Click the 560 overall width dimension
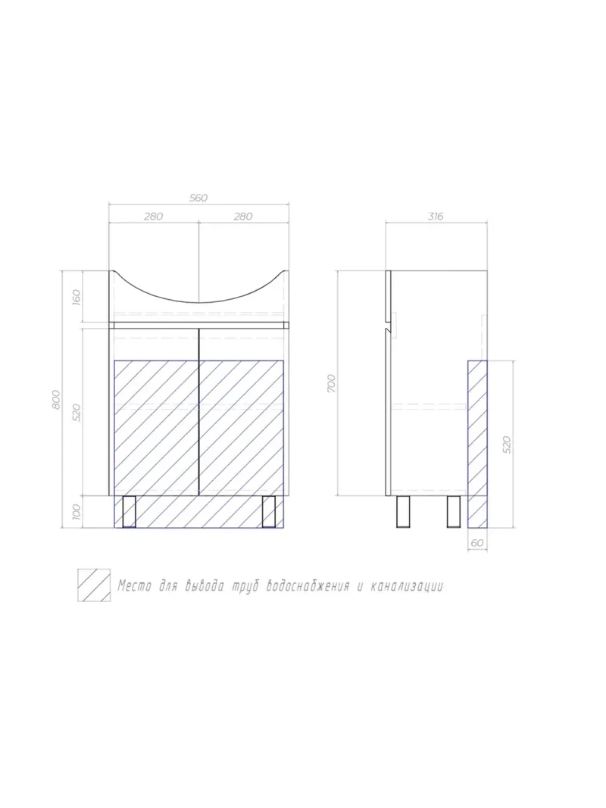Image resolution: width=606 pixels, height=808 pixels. click(x=198, y=198)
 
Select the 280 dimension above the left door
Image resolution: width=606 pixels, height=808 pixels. click(x=153, y=217)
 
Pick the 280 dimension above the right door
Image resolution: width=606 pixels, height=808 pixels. click(x=242, y=217)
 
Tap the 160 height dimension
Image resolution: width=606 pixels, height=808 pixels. click(x=76, y=297)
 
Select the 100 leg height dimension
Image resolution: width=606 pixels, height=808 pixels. click(x=76, y=512)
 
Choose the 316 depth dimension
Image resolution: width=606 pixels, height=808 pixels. click(x=436, y=217)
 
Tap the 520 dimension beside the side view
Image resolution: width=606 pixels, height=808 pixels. click(x=507, y=444)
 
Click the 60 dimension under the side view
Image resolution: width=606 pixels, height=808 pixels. click(x=476, y=542)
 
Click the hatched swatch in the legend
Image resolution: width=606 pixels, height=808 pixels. click(x=93, y=585)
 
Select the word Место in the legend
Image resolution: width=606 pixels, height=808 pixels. click(x=133, y=586)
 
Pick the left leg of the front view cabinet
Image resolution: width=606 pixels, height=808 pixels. click(x=127, y=511)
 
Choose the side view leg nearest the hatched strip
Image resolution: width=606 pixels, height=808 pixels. click(x=454, y=511)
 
